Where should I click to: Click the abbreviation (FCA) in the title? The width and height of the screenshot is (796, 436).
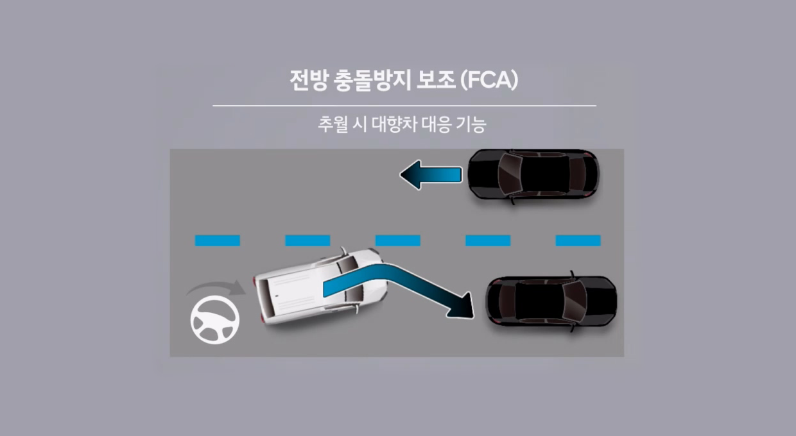pyautogui.click(x=489, y=80)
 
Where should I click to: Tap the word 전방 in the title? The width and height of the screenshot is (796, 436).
pyautogui.click(x=308, y=80)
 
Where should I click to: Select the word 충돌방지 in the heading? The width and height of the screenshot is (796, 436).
pyautogui.click(x=373, y=80)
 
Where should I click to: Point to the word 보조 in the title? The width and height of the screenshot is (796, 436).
pyautogui.click(x=436, y=80)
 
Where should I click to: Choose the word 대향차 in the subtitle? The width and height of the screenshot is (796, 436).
pyautogui.click(x=394, y=124)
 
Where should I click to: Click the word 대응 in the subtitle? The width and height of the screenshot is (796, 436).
pyautogui.click(x=437, y=124)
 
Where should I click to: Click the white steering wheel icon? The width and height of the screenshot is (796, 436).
pyautogui.click(x=215, y=320)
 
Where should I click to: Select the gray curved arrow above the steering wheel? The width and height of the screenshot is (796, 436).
pyautogui.click(x=216, y=288)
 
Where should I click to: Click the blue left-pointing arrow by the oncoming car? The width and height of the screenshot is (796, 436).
pyautogui.click(x=431, y=175)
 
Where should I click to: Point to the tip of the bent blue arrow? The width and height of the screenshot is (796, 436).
pyautogui.click(x=473, y=318)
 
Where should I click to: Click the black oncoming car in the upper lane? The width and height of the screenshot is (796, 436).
pyautogui.click(x=533, y=175)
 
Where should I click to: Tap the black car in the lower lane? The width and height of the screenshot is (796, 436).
pyautogui.click(x=551, y=301)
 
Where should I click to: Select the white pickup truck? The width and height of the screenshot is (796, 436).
pyautogui.click(x=320, y=287)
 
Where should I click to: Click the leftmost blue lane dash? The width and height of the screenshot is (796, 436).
pyautogui.click(x=218, y=240)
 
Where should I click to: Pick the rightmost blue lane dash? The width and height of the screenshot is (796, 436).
pyautogui.click(x=578, y=240)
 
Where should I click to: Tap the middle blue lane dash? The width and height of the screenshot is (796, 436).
pyautogui.click(x=397, y=240)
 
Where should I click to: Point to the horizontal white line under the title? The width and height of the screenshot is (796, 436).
pyautogui.click(x=404, y=106)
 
